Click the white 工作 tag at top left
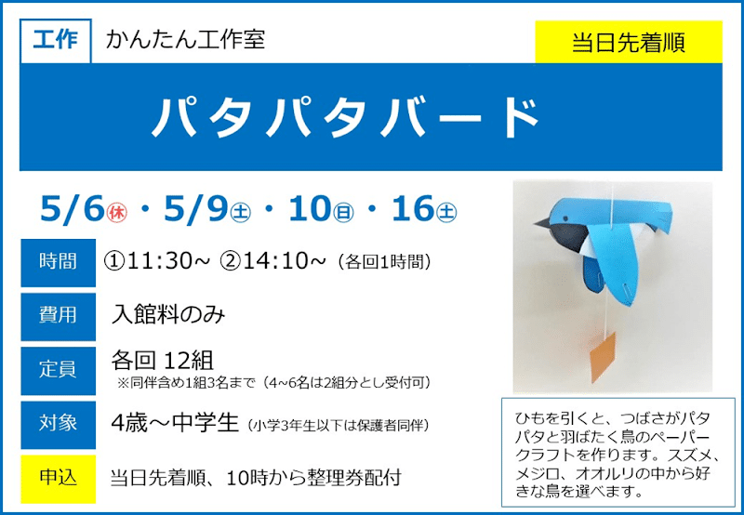click(x=55, y=41)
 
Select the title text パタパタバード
click(x=346, y=117)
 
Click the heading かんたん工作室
click(x=185, y=40)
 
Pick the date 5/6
click(x=71, y=210)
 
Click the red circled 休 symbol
click(x=118, y=213)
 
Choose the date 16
click(x=412, y=210)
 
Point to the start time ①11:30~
click(x=157, y=261)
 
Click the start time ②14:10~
click(x=273, y=261)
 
